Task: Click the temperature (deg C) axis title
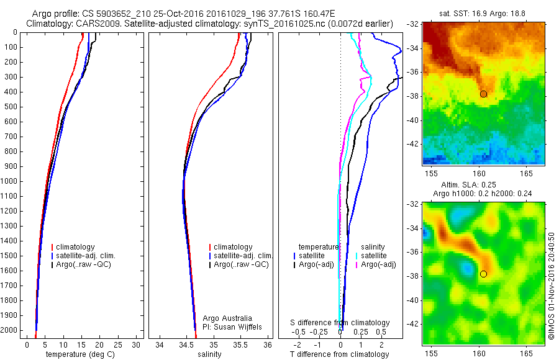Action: [80, 354]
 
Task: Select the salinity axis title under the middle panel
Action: [209, 354]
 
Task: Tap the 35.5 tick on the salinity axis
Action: [240, 344]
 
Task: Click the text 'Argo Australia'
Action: [227, 318]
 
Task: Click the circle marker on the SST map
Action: [483, 94]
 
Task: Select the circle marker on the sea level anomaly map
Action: [483, 274]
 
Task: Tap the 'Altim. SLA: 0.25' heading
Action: [484, 185]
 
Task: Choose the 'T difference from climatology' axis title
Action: [340, 354]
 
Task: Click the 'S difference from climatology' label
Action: [340, 323]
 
